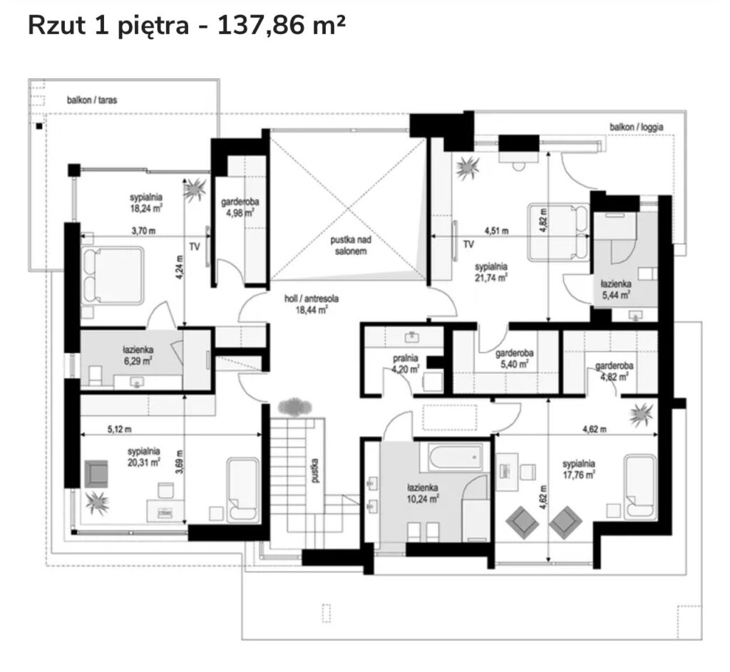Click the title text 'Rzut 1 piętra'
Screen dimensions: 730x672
(108, 26)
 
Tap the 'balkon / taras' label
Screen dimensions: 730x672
(92, 100)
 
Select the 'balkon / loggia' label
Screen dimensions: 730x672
(637, 127)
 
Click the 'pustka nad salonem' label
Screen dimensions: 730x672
(351, 246)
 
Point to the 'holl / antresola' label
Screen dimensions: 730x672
(312, 299)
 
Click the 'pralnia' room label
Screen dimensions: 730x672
(405, 358)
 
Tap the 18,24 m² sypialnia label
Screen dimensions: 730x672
(146, 203)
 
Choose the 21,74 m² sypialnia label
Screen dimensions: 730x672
(490, 272)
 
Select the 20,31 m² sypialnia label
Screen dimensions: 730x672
(144, 457)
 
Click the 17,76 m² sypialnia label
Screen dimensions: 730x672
(579, 469)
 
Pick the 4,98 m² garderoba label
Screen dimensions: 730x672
(240, 207)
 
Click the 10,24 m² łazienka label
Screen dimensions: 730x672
(422, 493)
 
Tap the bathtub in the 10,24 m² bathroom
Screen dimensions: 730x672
(455, 457)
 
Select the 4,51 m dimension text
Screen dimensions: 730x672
(497, 230)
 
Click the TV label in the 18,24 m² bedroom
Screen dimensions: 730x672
(195, 246)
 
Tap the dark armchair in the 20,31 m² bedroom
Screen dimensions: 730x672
(96, 474)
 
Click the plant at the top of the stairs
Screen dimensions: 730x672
(294, 407)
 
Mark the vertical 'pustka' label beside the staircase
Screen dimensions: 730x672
(315, 470)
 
